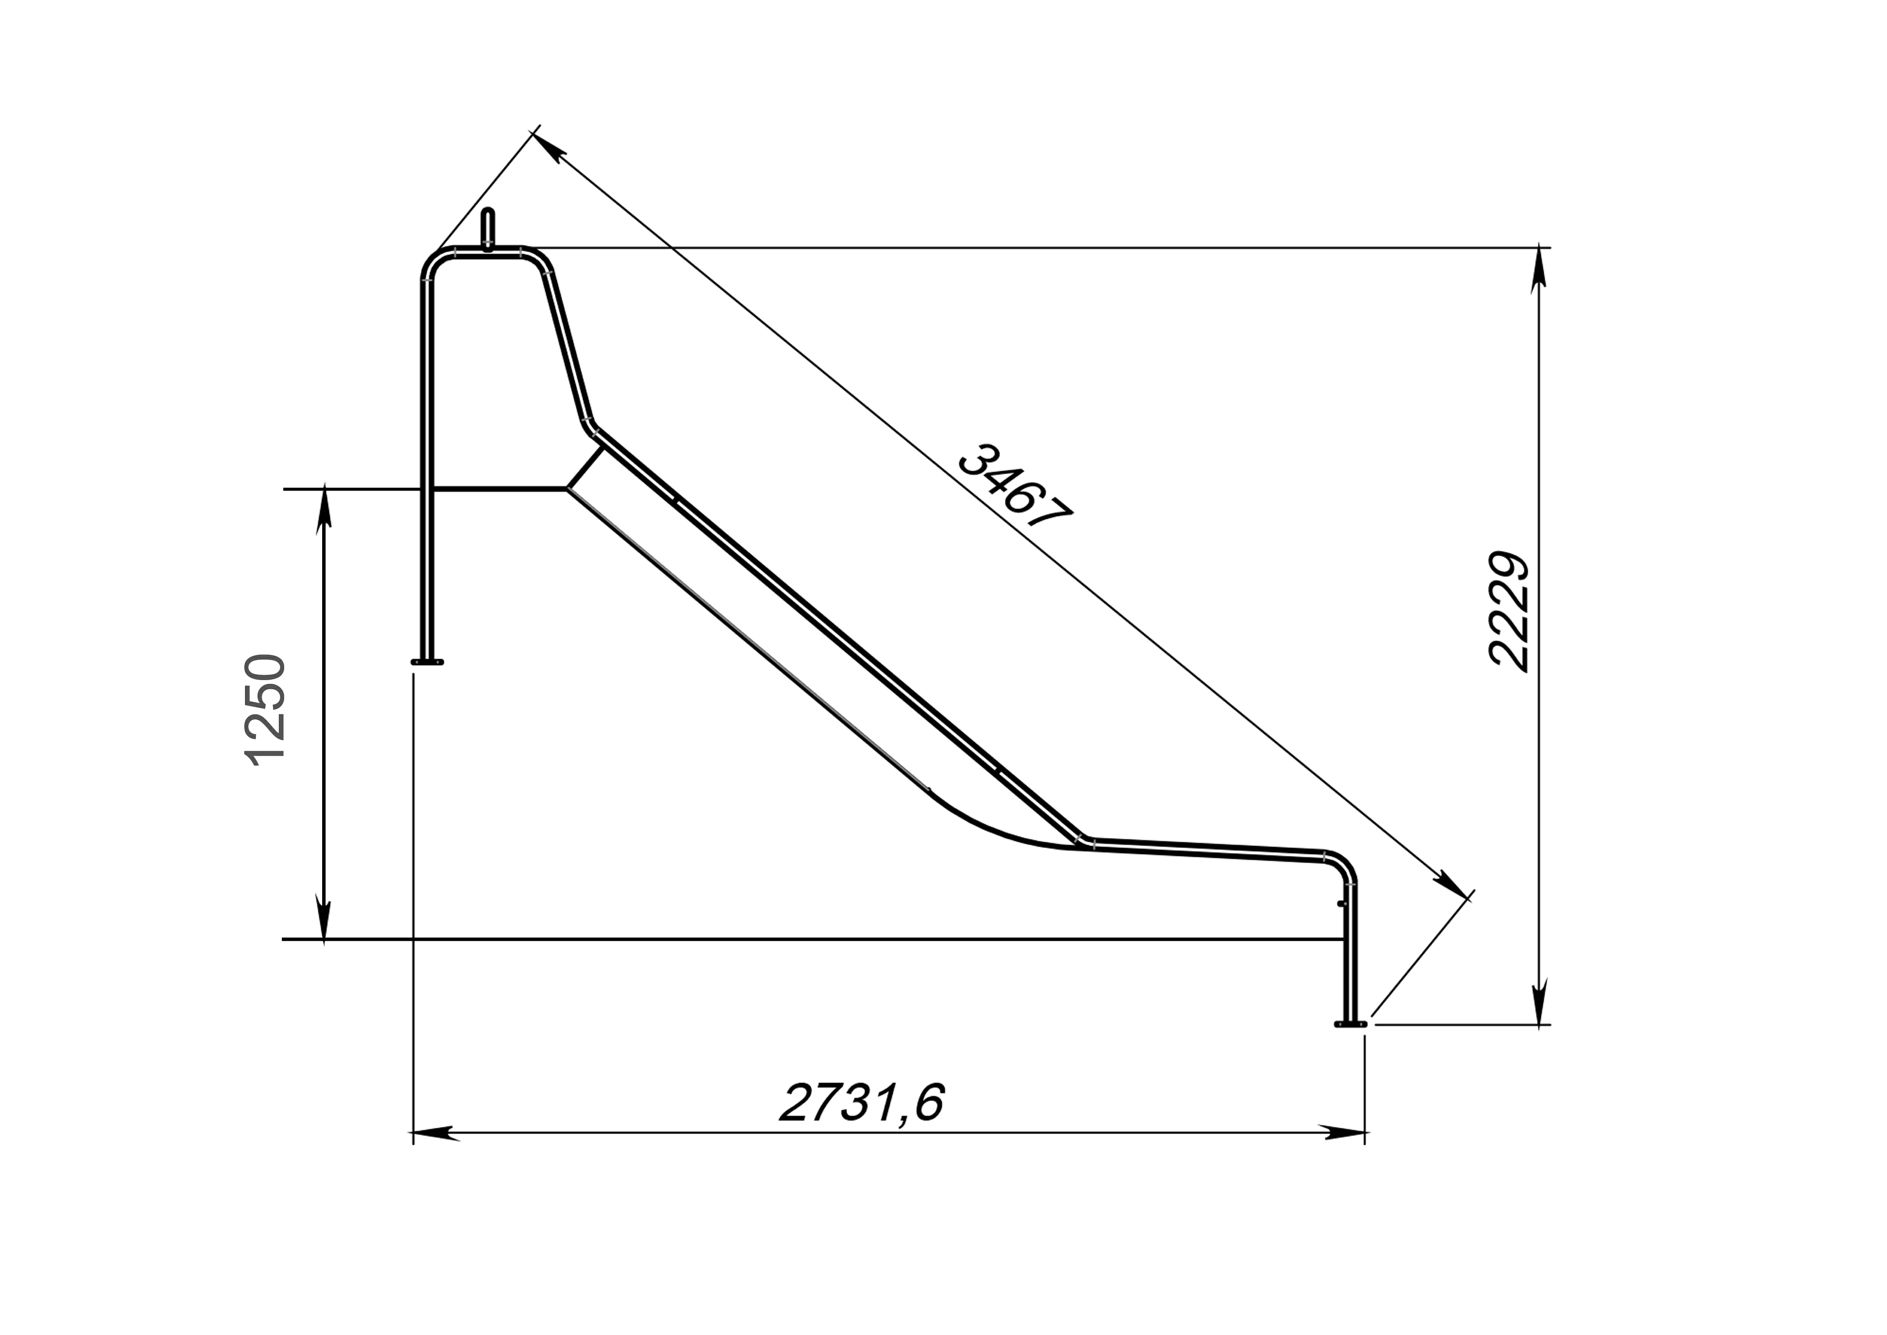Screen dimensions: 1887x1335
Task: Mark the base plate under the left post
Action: [x=428, y=662]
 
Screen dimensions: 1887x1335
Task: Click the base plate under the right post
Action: [x=1350, y=1024]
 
